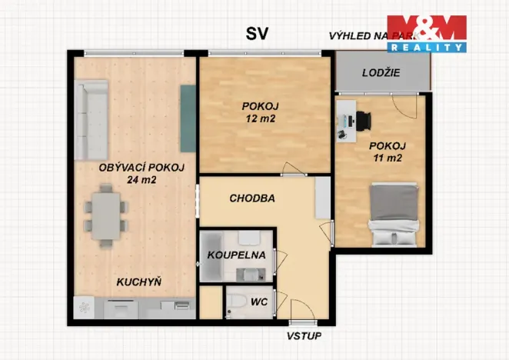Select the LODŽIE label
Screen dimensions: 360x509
[x=382, y=75]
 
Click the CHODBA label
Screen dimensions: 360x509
[x=252, y=198]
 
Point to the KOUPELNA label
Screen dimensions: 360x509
[x=236, y=255]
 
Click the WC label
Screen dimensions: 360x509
[x=259, y=302]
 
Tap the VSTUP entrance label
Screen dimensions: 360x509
[x=304, y=337]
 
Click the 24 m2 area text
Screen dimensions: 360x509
[x=142, y=181]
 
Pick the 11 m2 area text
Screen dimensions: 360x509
[x=386, y=158]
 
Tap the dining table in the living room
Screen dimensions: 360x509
[x=103, y=216]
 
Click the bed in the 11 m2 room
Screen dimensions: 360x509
[x=395, y=213]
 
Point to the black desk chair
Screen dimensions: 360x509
[x=363, y=119]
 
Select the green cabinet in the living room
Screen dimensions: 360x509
[x=187, y=118]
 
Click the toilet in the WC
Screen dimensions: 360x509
[x=236, y=302]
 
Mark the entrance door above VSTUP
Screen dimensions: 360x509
[x=303, y=321]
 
